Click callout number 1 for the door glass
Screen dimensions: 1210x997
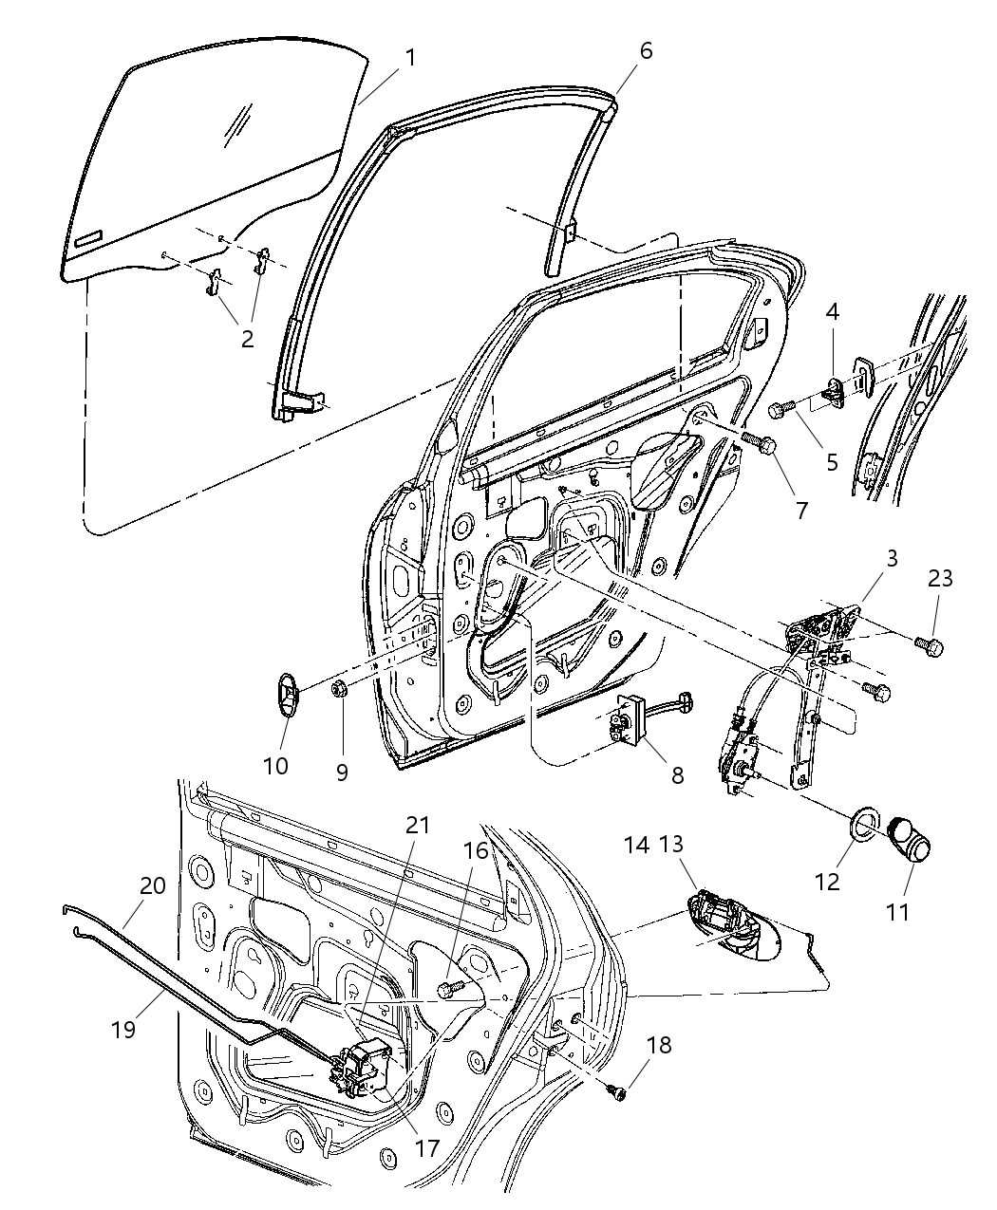click(409, 58)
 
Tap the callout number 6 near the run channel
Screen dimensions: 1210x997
click(646, 50)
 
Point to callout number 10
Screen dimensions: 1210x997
click(275, 765)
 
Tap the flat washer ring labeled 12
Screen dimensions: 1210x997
click(861, 824)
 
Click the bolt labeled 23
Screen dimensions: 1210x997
click(931, 647)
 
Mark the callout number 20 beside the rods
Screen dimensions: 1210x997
click(153, 886)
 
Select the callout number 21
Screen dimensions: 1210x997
click(419, 825)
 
